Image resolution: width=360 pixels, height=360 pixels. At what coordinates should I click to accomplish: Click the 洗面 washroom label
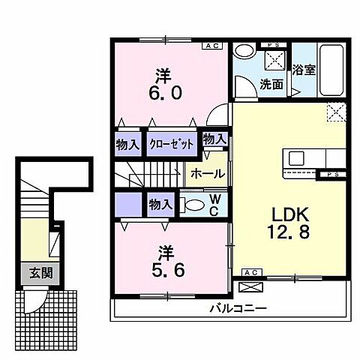tap(272, 85)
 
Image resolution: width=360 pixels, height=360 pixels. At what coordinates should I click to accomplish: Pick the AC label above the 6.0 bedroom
tap(212, 46)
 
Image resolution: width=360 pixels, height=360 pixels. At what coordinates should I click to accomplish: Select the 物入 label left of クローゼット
tap(127, 142)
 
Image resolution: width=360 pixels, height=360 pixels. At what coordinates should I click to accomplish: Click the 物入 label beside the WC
tap(160, 203)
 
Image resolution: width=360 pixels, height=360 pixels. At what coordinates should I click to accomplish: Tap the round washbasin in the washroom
tap(243, 52)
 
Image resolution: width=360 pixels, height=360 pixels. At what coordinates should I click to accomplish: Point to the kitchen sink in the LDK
tap(295, 160)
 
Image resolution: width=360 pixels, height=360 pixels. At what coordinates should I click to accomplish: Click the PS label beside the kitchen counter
tap(331, 175)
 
